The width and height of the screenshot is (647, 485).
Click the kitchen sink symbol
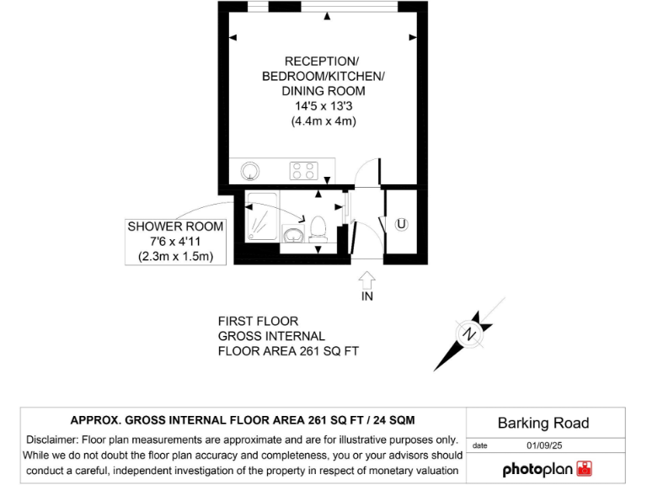pos(250,172)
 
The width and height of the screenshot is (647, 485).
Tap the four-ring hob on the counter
pos(303,171)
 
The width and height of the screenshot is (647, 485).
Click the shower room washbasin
pos(294,234)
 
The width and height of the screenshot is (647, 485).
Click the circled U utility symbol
pos(402,224)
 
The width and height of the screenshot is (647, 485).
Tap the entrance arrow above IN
pos(367,279)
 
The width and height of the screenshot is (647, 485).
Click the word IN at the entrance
pos(367,296)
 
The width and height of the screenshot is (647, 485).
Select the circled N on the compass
pos(469,335)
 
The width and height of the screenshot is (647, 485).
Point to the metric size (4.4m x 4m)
pos(323,121)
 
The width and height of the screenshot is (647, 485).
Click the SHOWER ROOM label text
pos(175,227)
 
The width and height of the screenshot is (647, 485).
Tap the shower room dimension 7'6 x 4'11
pos(175,242)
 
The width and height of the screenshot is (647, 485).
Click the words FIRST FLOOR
pos(258,321)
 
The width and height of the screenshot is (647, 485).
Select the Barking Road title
pos(543,423)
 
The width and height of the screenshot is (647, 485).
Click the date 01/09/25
pos(544,445)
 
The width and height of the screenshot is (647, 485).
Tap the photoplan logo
pos(548,469)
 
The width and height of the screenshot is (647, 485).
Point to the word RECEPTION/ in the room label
pos(322,61)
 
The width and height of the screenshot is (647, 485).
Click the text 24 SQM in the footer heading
pos(389,419)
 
